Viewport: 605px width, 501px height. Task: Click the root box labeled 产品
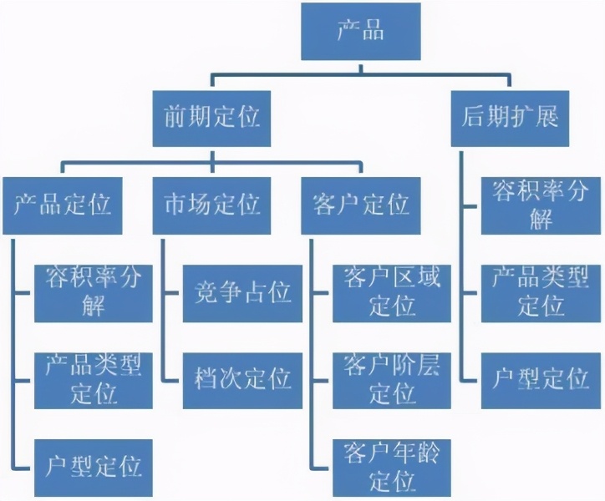(x=361, y=31)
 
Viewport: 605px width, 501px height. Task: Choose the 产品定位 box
(x=64, y=205)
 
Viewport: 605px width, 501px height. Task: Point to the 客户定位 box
(x=363, y=205)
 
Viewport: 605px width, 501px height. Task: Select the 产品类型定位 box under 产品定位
(x=93, y=379)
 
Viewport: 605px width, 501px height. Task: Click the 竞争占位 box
(x=242, y=292)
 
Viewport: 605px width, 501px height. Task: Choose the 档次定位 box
(x=242, y=379)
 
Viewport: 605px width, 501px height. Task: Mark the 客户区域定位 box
(x=392, y=292)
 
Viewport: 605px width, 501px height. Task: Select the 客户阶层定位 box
(x=392, y=379)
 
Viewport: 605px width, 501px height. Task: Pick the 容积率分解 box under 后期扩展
(x=540, y=205)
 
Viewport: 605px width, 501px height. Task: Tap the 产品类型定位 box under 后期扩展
(x=540, y=292)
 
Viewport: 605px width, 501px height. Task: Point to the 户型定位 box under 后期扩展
(x=540, y=379)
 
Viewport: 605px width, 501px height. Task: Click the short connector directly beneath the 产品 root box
(x=361, y=68)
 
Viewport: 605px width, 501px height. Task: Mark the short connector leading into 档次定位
(x=172, y=380)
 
